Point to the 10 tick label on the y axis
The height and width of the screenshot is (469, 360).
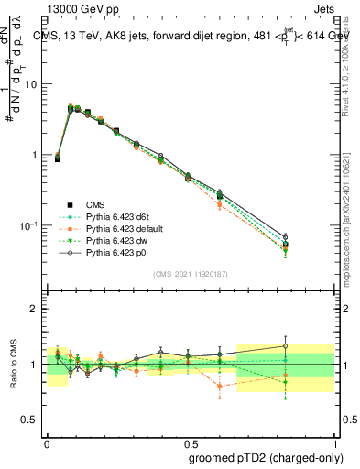point(36,84)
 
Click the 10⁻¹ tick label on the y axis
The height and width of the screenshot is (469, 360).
point(33,225)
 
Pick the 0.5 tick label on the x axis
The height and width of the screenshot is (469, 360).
point(190,441)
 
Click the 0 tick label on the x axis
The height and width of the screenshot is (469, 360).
point(47,441)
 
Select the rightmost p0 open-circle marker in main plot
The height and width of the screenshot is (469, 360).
point(311,237)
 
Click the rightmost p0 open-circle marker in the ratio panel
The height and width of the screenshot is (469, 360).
point(311,346)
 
